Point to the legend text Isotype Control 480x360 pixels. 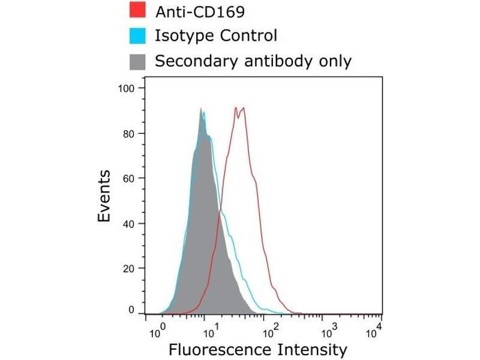[216, 36]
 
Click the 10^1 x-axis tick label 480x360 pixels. [211, 329]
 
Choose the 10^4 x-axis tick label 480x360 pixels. [376, 329]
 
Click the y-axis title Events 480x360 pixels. [104, 196]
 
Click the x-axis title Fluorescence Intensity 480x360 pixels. [258, 350]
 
